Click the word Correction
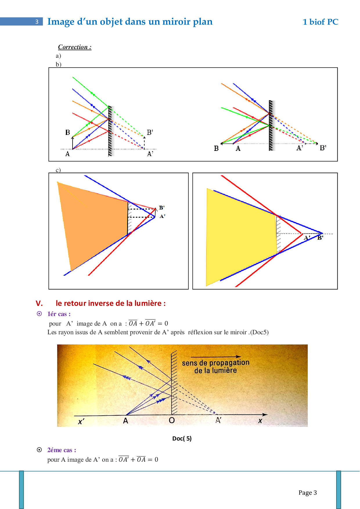(73, 47)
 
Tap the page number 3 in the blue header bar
(37, 22)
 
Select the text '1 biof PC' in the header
(321, 22)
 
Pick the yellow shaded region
(241, 235)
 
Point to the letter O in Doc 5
(172, 420)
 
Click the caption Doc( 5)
(182, 438)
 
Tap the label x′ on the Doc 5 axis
(81, 422)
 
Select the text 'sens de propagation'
(216, 363)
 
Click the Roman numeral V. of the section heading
(39, 303)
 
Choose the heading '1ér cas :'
(59, 314)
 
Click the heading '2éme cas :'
(62, 450)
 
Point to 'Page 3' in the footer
(308, 492)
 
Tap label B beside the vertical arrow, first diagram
(68, 132)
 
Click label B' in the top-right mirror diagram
(323, 148)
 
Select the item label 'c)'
(58, 170)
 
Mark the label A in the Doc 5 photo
(125, 421)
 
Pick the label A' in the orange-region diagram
(162, 216)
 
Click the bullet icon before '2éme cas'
(39, 450)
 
